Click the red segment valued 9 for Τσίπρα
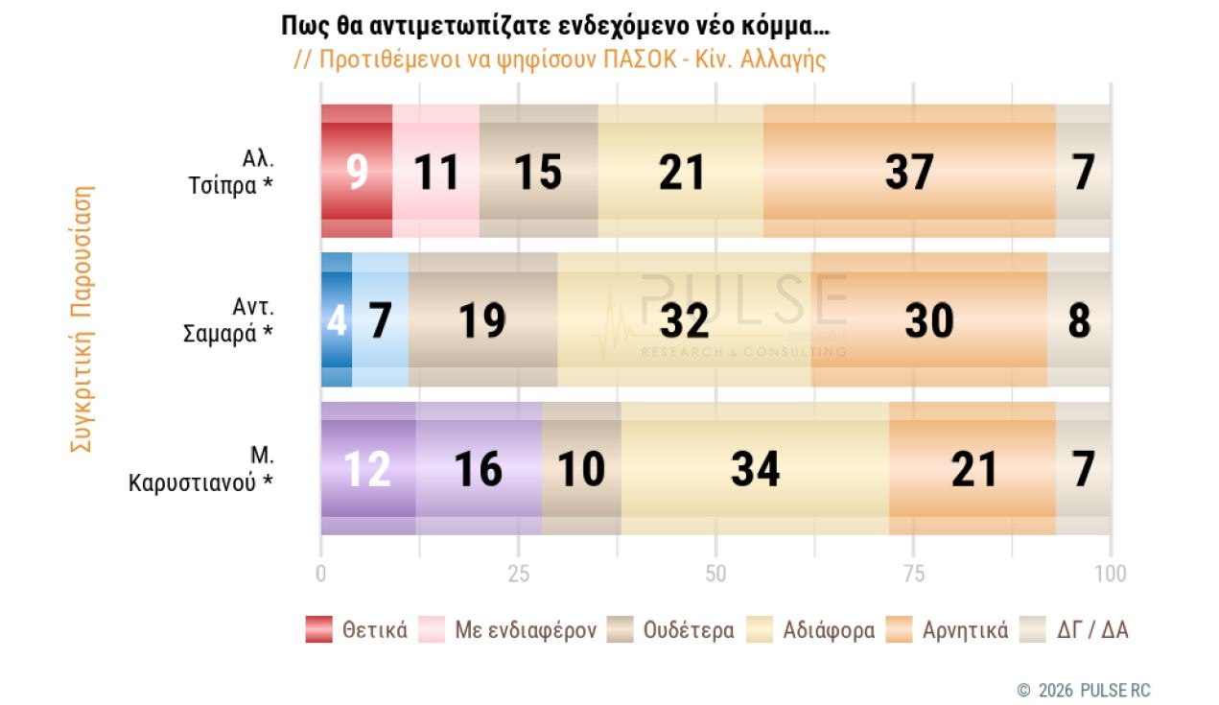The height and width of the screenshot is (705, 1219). click(357, 171)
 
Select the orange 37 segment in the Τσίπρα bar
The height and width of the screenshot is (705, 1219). click(909, 171)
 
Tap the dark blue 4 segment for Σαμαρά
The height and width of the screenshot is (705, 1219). click(337, 319)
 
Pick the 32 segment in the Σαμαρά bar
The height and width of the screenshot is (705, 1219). click(684, 319)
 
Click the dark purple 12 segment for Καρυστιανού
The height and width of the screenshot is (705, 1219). click(368, 468)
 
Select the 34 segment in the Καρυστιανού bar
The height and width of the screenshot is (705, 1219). click(755, 468)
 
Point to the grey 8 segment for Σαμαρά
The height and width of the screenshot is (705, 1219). click(1079, 319)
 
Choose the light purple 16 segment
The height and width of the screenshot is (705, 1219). click(479, 468)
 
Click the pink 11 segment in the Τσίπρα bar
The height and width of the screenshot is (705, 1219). click(436, 171)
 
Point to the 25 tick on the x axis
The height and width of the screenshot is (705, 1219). click(519, 574)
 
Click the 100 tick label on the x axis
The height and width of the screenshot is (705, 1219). click(1110, 574)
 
